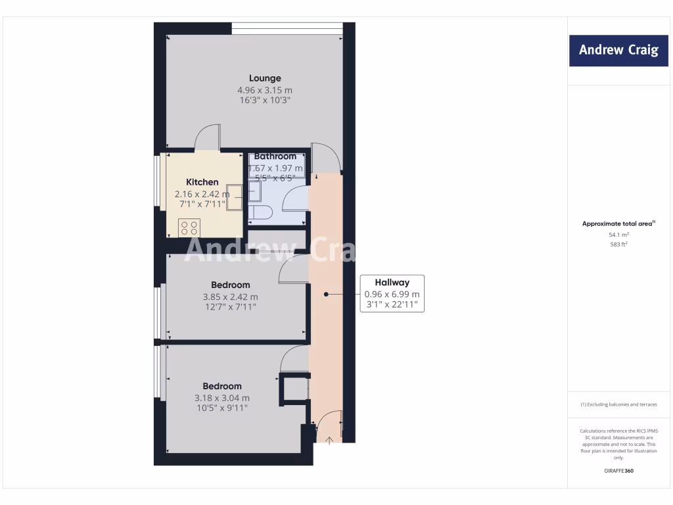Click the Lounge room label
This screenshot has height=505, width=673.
265,78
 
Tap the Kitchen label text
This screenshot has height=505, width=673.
202,182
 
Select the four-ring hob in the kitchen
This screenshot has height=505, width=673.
190,228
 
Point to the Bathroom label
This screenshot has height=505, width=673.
275,156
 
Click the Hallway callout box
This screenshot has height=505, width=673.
392,293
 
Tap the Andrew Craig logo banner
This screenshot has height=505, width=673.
618,50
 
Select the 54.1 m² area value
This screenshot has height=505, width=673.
618,235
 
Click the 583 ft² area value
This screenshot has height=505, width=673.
618,245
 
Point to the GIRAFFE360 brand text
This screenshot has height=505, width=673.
618,471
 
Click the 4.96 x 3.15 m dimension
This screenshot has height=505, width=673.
265,90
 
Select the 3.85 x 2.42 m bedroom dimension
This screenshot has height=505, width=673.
230,297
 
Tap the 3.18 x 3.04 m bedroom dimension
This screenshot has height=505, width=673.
222,398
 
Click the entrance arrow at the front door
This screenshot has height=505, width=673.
329,439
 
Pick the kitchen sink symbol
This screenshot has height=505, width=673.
235,192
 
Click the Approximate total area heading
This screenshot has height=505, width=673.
618,224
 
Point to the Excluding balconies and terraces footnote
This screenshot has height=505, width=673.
618,404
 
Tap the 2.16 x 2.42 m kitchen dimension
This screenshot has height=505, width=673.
202,194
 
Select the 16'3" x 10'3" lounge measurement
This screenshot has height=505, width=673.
265,101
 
